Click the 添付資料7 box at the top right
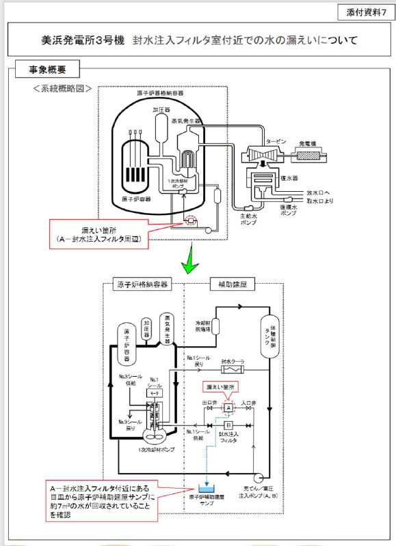point(363,13)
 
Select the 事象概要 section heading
point(47,70)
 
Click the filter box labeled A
point(229,407)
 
